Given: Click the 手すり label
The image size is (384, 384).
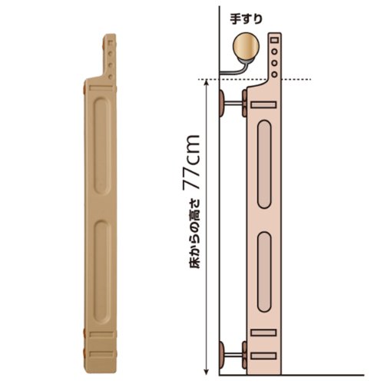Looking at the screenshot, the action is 246,19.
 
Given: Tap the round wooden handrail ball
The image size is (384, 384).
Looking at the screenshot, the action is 246,46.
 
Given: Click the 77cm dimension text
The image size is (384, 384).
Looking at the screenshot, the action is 191,162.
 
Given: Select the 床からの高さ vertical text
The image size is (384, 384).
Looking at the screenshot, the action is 194,233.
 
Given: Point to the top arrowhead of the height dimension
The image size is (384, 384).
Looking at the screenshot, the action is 207,82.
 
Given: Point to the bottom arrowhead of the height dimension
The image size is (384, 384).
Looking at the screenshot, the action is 207,372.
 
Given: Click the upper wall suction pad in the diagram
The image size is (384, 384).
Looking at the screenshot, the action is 220,103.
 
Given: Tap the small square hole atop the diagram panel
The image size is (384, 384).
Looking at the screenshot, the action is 274,40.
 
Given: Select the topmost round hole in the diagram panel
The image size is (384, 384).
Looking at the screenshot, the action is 274,51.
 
